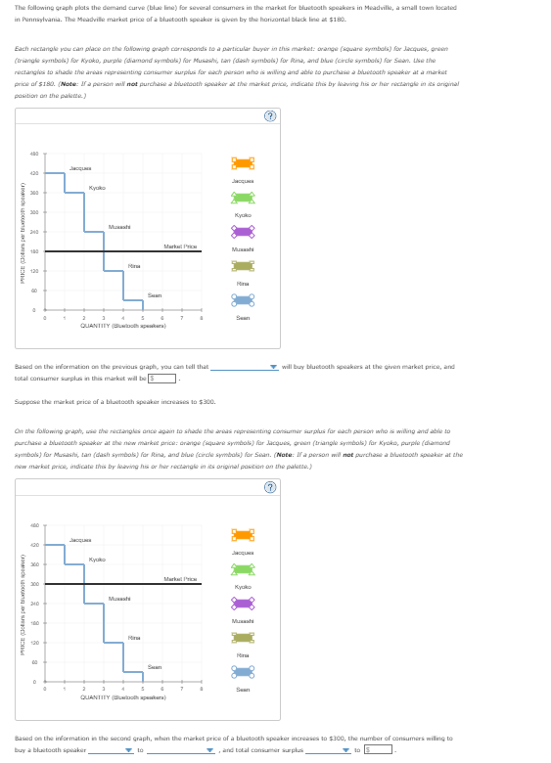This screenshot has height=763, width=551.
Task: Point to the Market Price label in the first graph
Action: (180, 246)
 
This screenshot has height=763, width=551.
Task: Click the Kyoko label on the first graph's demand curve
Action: (97, 188)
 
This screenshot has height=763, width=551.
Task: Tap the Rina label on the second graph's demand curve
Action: (134, 637)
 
